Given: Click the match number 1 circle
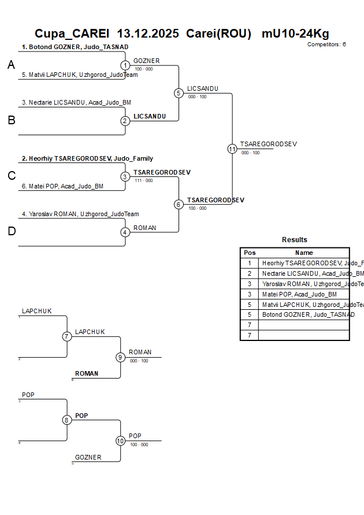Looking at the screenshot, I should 125,65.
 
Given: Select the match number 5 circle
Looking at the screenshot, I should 179,93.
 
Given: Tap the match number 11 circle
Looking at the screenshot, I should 232,149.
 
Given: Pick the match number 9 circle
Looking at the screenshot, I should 120,357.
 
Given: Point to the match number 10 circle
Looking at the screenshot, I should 120,440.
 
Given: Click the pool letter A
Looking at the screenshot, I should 11,65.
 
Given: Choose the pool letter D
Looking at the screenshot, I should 11,231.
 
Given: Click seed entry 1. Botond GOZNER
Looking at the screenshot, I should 75,47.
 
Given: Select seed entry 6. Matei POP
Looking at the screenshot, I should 62,186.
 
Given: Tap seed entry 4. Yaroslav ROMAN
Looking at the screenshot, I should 80,214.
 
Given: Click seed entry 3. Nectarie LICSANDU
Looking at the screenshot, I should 76,102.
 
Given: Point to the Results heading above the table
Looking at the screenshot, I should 295,240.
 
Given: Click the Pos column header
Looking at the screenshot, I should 250,253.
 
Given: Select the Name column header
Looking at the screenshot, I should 304,253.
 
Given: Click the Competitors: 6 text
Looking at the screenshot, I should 326,45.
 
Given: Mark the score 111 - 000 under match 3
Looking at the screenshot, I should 143,180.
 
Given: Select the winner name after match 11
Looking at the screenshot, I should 268,144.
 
